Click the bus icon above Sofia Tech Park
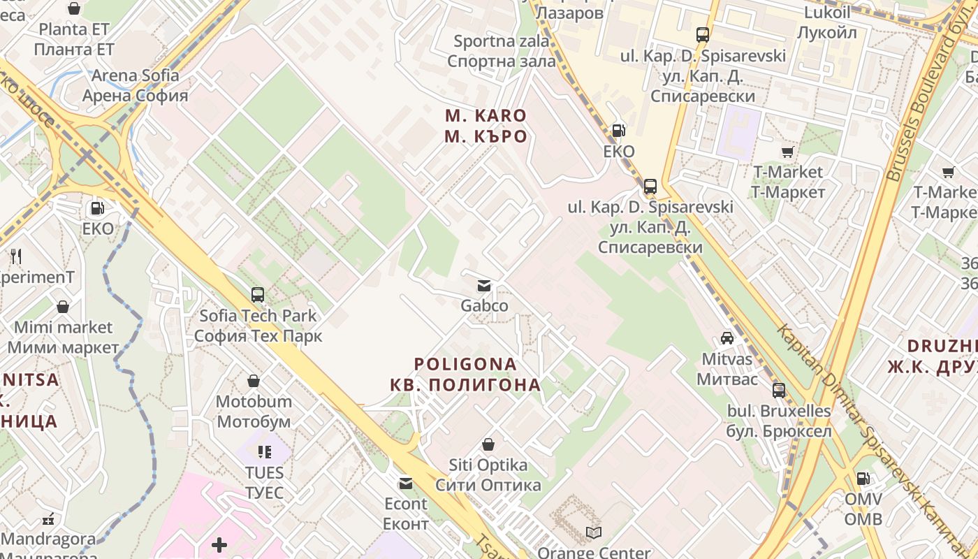pos(258,295)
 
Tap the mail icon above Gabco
pos(483,286)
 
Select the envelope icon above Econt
pos(405,483)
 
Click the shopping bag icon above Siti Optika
pos(488,444)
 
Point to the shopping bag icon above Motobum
pos(254,381)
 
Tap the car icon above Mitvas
pos(727,338)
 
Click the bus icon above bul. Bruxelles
pos(779,391)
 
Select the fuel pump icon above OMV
pos(863,479)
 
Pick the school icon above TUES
pos(264,452)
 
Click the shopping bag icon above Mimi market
pos(63,306)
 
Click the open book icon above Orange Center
pos(594,533)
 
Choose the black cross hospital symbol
pos(219,544)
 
